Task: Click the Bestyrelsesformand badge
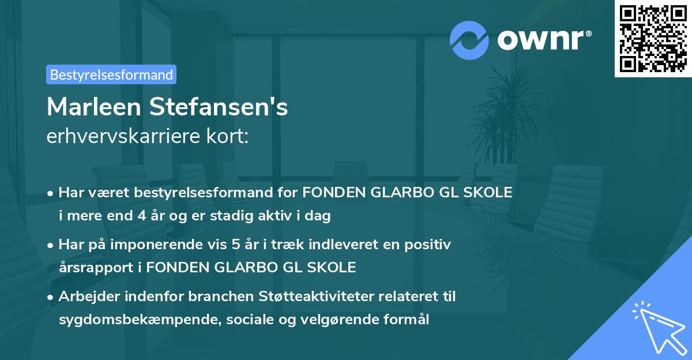[x=111, y=74]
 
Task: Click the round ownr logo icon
[x=469, y=40]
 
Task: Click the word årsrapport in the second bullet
[x=93, y=267]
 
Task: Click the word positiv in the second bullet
[x=429, y=245]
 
